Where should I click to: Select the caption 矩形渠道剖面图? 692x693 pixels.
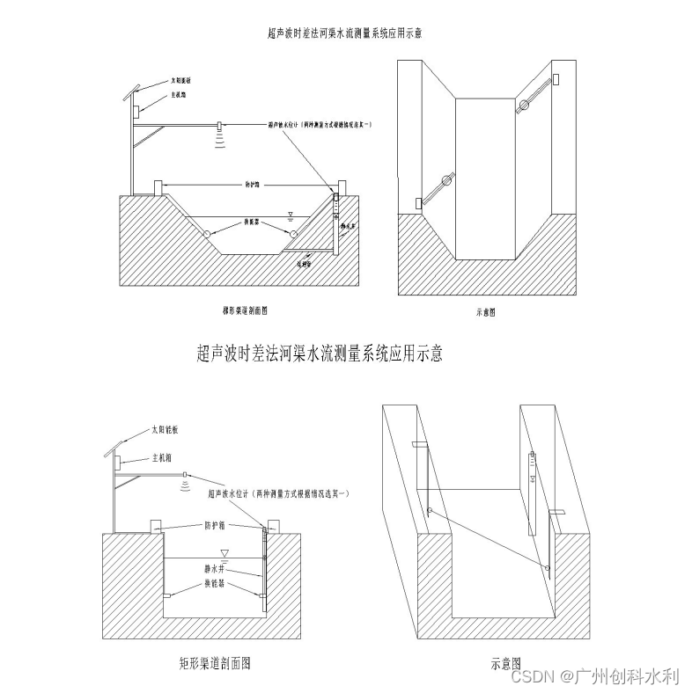(215, 664)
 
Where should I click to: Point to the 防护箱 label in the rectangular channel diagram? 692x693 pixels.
(217, 525)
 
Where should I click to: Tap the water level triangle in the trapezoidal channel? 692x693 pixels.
(289, 214)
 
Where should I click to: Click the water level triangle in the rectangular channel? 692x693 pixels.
(225, 553)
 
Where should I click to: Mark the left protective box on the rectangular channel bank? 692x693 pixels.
(156, 526)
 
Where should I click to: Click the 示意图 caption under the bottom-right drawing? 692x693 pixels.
(505, 664)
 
